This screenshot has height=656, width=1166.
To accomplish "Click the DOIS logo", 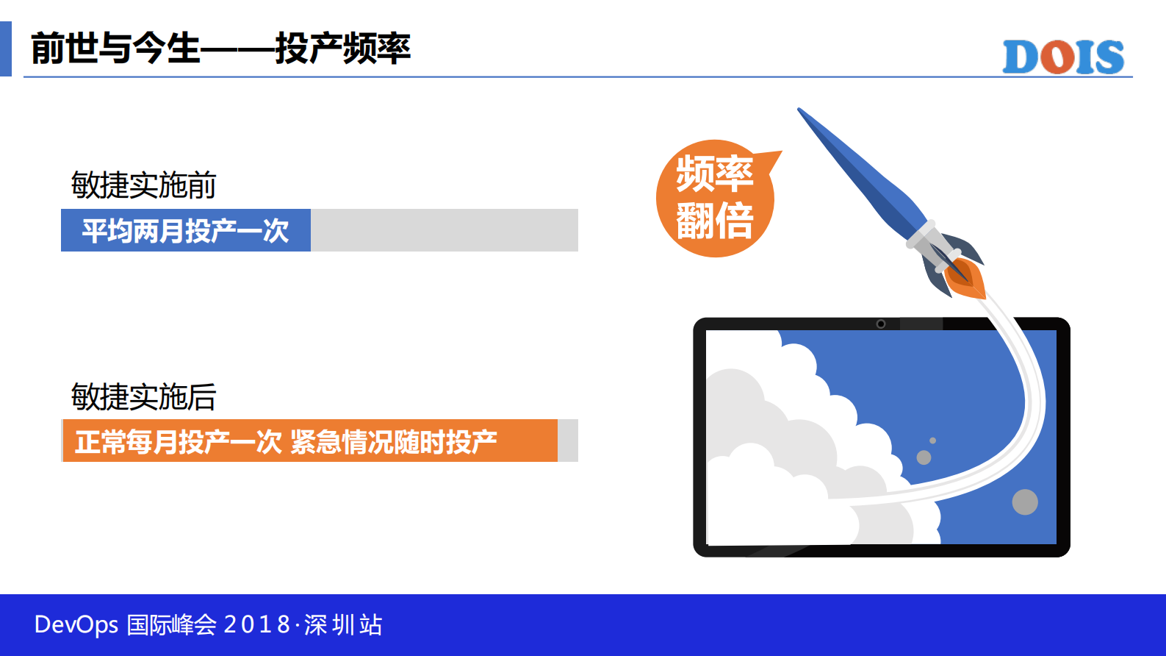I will [1063, 57].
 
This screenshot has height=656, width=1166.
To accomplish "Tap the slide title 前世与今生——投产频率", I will [220, 49].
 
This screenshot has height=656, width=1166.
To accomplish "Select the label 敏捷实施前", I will [143, 185].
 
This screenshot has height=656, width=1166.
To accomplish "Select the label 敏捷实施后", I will [143, 397].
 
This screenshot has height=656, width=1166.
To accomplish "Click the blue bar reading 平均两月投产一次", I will [186, 230].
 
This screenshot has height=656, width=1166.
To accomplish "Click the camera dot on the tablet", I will [881, 324].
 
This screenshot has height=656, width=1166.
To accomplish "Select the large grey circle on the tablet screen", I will [1025, 502].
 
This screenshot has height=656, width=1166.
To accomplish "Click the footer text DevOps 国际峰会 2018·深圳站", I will [208, 625].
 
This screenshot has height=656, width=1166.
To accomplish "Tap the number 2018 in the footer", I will [256, 625].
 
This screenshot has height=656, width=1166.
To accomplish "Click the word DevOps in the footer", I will [76, 625].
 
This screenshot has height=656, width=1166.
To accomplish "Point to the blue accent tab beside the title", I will [5, 49].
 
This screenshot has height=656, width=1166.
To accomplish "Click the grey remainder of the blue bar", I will [444, 230].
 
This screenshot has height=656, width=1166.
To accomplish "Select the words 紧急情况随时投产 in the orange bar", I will [394, 441].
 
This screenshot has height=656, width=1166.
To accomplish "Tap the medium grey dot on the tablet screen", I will [924, 457].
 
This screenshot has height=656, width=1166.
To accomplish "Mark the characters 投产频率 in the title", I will [342, 49].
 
